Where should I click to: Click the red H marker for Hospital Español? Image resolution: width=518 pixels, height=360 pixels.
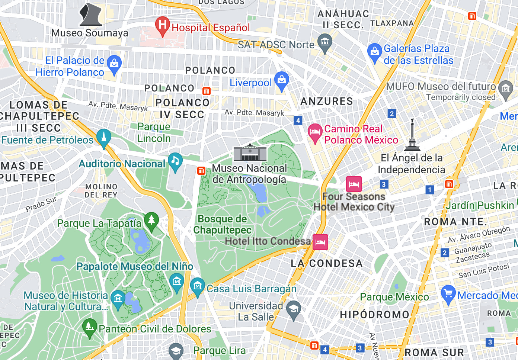pos(162,25)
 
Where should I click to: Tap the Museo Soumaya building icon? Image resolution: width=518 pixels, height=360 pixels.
pos(90,15)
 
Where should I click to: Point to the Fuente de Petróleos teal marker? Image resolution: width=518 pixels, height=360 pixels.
pos(104,138)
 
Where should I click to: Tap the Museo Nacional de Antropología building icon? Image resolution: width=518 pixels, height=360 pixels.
pos(250,152)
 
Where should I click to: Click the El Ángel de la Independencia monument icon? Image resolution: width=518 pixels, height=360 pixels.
pos(412,136)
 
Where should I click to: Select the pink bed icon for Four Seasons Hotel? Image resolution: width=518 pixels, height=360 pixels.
pos(354,184)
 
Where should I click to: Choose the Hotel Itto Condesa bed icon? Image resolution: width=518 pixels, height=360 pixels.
pos(320,242)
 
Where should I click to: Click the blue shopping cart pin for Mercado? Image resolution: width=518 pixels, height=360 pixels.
pos(448,294)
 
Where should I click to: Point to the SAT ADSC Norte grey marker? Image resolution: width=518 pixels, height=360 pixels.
pos(325,42)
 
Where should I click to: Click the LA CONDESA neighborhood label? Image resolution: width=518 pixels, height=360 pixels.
pos(326,263)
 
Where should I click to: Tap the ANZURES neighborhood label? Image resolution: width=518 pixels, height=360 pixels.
pos(327,101)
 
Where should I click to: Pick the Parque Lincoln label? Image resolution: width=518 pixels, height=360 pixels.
pos(154,132)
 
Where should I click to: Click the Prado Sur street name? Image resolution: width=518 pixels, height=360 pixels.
pos(41,204)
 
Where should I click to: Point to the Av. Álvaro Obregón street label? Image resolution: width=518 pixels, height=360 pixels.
pos(479,234)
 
